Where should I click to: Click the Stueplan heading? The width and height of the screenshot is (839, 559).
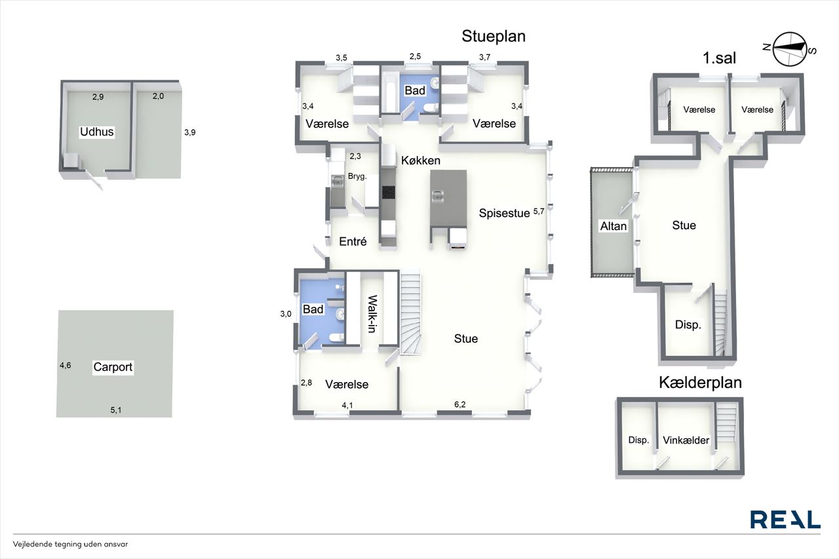tap(494, 36)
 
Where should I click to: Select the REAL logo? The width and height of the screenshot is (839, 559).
tap(785, 519)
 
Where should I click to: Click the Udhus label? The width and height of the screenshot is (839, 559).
tap(96, 132)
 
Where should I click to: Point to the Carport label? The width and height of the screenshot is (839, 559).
tap(113, 367)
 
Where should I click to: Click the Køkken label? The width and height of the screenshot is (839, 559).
tap(421, 161)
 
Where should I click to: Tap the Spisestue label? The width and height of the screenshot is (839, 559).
tap(504, 213)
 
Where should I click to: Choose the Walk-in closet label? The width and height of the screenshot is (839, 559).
tap(372, 314)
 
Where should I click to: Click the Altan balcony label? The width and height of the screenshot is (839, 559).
tap(613, 226)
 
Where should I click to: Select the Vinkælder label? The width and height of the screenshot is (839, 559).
tap(686, 440)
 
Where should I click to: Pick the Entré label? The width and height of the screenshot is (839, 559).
tap(353, 242)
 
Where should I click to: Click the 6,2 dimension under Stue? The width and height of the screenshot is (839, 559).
tap(460, 404)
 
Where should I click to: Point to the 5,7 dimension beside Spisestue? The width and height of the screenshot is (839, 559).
tap(539, 212)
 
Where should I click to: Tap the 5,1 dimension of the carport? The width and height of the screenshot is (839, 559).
tap(116, 410)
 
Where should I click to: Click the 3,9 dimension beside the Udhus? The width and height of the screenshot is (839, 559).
tap(190, 132)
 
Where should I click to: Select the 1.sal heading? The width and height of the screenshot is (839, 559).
tap(719, 58)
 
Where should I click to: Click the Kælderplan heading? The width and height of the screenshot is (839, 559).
tap(701, 383)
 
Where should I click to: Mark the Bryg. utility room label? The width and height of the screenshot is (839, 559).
tap(357, 176)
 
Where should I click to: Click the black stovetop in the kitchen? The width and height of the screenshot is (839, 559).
tap(389, 192)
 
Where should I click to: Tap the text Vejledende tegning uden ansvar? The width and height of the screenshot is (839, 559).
tap(70, 544)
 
